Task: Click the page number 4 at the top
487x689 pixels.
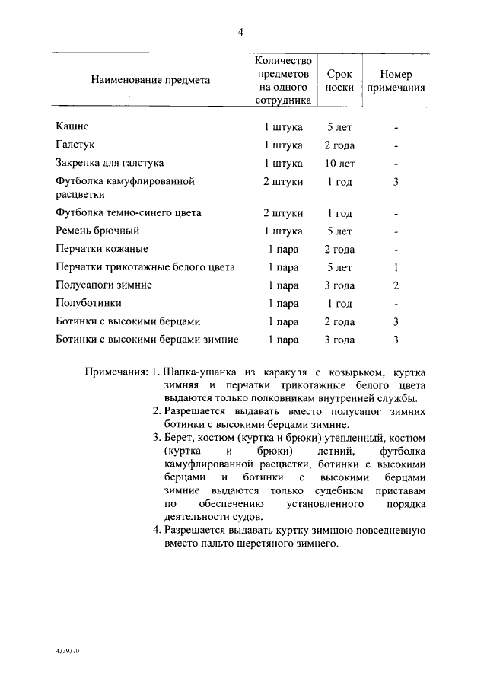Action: [240, 32]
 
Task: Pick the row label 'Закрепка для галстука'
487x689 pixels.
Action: [110, 163]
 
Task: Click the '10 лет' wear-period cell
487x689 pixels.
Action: [339, 164]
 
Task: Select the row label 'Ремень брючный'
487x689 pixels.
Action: [97, 231]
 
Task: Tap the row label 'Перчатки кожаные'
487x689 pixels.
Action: [102, 249]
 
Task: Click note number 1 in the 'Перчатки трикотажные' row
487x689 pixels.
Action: [396, 267]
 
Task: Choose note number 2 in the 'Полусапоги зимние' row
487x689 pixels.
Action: [396, 285]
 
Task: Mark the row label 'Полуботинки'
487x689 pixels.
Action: [88, 303]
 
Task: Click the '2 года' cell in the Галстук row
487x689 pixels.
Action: [339, 145]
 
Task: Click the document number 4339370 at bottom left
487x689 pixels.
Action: [68, 652]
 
